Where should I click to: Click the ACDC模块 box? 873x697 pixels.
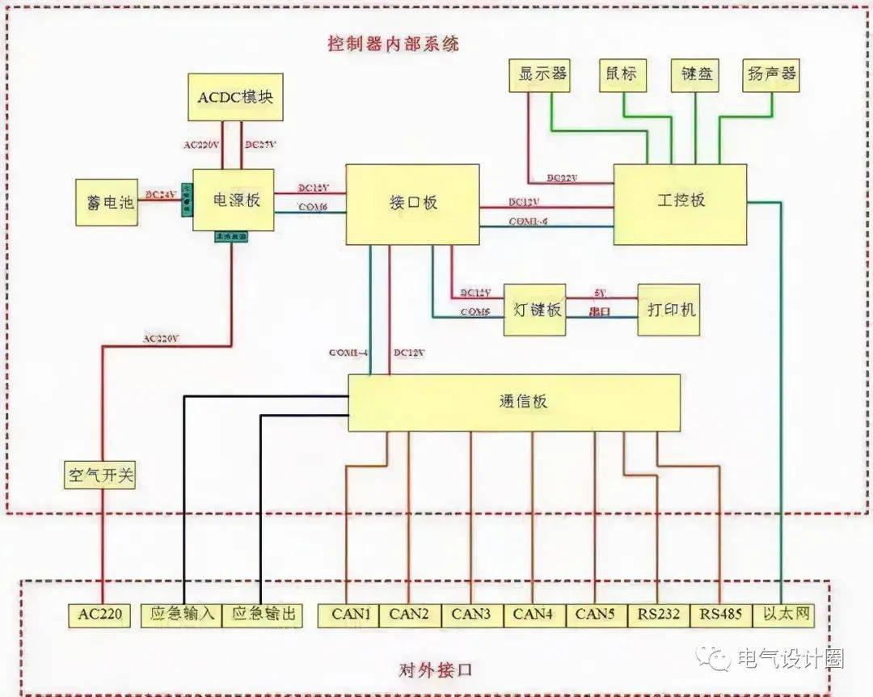235,97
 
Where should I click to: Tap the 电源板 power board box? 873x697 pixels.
234,200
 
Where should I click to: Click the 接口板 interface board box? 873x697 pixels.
412,204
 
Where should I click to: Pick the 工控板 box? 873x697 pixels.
680,204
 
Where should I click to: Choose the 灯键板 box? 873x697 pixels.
534,310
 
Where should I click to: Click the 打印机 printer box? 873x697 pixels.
668,310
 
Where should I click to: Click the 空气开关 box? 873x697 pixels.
100,475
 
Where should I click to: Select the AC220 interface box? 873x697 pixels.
100,615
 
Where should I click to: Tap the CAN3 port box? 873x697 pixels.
471,615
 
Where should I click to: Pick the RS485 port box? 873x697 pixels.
721,615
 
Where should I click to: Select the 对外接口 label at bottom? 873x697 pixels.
436,671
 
